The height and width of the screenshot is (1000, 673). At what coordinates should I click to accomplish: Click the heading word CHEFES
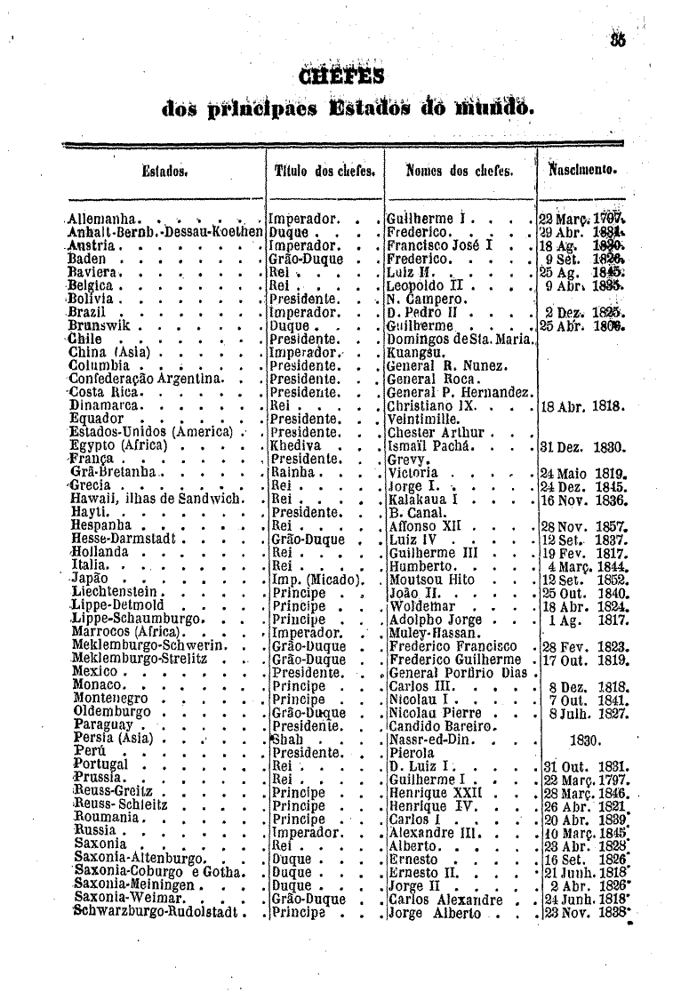[338, 75]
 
